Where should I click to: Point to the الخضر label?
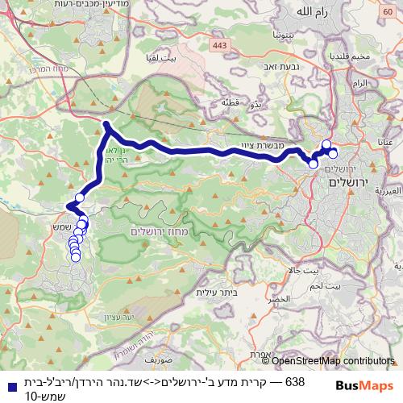301,297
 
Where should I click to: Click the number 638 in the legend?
295,379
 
